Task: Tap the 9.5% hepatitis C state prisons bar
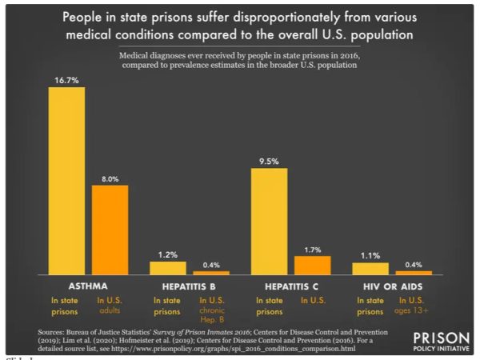(269, 222)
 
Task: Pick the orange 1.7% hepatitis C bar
(312, 265)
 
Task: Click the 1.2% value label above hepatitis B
(167, 254)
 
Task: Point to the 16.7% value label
(66, 80)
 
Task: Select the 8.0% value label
(110, 178)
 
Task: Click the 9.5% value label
(269, 161)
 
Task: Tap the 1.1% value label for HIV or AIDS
(370, 255)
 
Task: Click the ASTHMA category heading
(88, 286)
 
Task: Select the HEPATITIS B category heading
(189, 286)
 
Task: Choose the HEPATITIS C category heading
(290, 286)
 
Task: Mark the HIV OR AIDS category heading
(392, 286)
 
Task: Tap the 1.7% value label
(312, 249)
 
